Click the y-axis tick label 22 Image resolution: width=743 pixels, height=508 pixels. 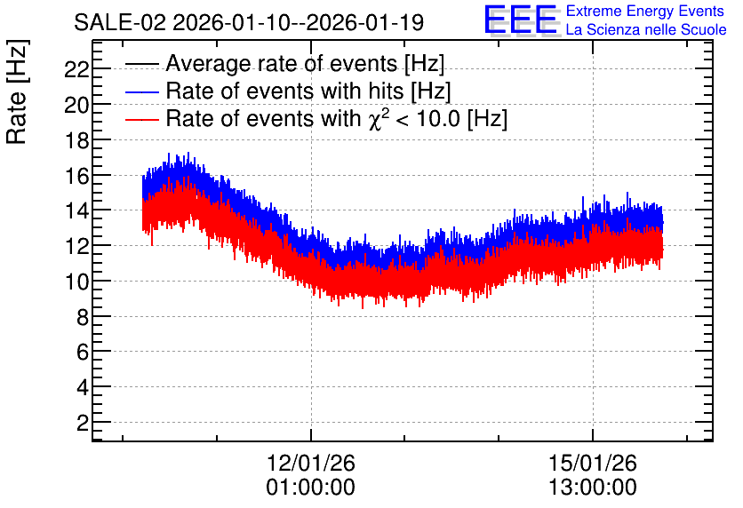coord(76,70)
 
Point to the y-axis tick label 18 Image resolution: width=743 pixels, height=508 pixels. coord(76,140)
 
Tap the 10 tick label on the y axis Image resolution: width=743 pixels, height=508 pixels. coord(76,282)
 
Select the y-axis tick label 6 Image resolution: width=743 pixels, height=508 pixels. coord(83,353)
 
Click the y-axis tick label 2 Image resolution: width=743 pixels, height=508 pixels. coord(83,423)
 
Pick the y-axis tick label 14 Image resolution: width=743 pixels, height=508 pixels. coord(76,211)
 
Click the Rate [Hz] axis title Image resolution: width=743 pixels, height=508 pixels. coord(17,92)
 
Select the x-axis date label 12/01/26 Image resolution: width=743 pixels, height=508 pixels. coord(311,463)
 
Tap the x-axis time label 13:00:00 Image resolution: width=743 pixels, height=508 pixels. coord(593,488)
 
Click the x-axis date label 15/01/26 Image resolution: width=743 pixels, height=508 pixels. coord(593,463)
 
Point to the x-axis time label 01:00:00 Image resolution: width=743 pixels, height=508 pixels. coord(311,488)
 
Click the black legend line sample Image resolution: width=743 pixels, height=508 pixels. coord(141,64)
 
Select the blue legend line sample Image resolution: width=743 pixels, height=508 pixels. coord(141,91)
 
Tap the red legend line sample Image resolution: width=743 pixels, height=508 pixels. coord(141,119)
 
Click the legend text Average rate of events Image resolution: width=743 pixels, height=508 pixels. coord(282,63)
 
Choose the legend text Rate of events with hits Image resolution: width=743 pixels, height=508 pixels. coord(284,91)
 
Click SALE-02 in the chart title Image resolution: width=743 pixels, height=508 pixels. coord(120,23)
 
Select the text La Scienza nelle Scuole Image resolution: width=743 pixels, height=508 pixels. coord(646,29)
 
